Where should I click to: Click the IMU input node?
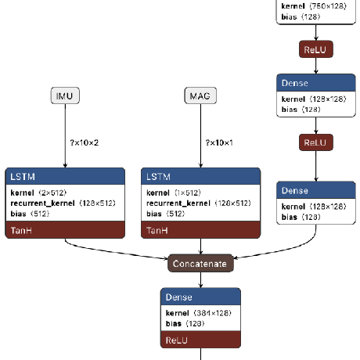coord(65,96)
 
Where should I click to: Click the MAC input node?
coord(200,96)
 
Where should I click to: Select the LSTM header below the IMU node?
coord(65,177)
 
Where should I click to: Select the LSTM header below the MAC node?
coord(200,177)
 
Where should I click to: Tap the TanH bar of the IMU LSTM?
coord(65,230)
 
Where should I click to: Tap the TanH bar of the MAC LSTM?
coord(200,230)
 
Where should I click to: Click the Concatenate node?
coord(200,264)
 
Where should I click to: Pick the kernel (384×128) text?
coord(200,313)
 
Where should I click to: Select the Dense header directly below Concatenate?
coord(200,297)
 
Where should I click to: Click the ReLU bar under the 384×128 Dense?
coord(200,340)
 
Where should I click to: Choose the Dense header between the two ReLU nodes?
coord(316,83)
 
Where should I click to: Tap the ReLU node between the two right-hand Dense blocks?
coord(316,142)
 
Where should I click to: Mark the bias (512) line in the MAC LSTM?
coord(165,213)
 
